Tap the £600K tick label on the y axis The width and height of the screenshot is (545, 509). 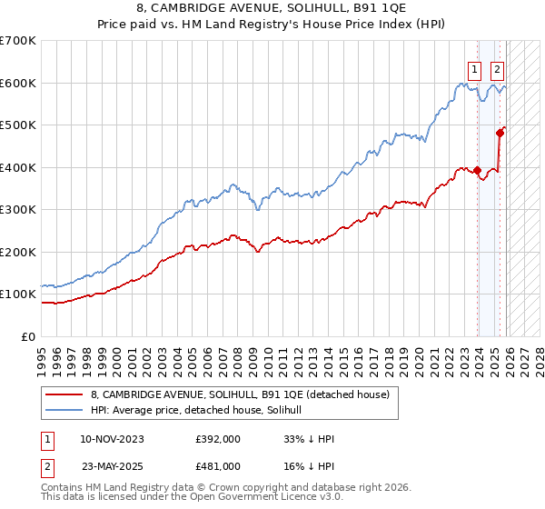click(x=17, y=83)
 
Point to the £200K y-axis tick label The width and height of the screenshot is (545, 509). click(x=17, y=252)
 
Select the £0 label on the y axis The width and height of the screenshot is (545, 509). click(x=27, y=336)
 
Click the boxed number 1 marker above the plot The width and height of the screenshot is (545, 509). click(x=474, y=67)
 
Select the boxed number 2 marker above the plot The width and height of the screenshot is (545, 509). click(x=498, y=67)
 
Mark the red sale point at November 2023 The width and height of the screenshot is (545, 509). click(x=478, y=170)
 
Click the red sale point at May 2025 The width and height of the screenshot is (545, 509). click(x=500, y=133)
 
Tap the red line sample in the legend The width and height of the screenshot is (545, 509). click(x=64, y=394)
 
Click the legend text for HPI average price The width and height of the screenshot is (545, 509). click(x=202, y=411)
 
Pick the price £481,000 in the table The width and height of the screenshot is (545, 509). click(x=218, y=465)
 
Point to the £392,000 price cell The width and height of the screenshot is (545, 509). click(x=218, y=438)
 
